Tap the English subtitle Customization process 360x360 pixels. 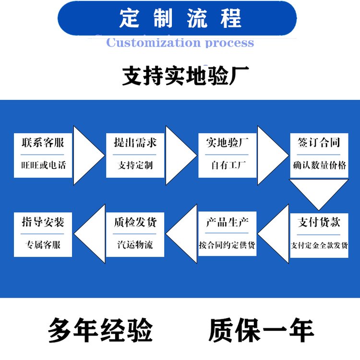pos(180,43)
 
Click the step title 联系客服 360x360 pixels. pos(43,143)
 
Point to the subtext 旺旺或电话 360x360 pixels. pos(43,166)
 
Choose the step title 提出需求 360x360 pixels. pos(135,143)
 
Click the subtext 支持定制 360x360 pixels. pos(135,166)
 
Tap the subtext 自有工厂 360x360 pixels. pos(227,166)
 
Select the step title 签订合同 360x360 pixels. pos(319,143)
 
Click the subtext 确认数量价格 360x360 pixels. pos(319,166)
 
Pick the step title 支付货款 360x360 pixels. pos(319,222)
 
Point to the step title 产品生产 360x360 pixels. pos(227,222)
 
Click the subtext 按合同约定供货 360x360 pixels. pos(227,245)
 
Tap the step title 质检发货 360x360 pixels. pos(135,222)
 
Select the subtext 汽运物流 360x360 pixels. pos(135,245)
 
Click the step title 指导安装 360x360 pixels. pos(43,222)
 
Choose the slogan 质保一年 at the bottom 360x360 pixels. pos(261,331)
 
